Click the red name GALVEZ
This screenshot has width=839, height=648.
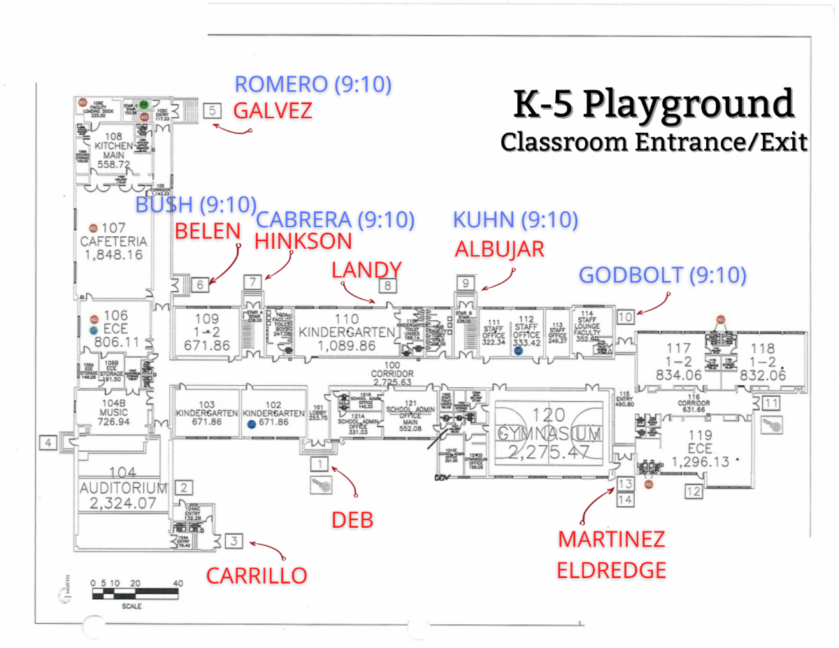pos(272,111)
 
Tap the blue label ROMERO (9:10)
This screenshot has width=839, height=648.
pos(313,85)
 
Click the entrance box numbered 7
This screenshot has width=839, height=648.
pos(252,282)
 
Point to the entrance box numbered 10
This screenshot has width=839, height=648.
pos(625,317)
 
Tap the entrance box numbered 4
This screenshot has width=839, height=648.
pos(48,442)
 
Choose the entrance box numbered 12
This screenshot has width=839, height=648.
pos(693,491)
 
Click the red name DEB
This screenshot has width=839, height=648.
pos(352,520)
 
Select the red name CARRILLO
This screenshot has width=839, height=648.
pos(256,575)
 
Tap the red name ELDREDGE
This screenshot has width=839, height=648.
pos(611,570)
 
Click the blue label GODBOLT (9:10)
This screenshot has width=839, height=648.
pos(662,275)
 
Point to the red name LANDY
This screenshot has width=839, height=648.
pos(366,270)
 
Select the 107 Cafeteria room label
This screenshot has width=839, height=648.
pos(113,242)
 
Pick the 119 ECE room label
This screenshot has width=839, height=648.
pos(700,451)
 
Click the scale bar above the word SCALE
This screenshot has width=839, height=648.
pos(137,594)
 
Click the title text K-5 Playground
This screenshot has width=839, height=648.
pos(654,105)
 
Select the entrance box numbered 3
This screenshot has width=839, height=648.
pos(235,540)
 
